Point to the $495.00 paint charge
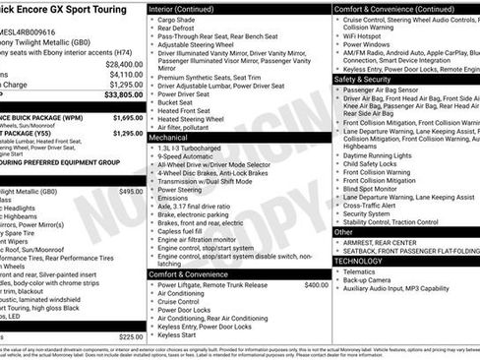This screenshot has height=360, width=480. [x=131, y=192]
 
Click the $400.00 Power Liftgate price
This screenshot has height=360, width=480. [x=316, y=284]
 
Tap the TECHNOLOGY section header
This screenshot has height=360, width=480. [x=358, y=261]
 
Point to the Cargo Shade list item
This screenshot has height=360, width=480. [x=177, y=20]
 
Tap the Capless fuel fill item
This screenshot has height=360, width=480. [x=185, y=230]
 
